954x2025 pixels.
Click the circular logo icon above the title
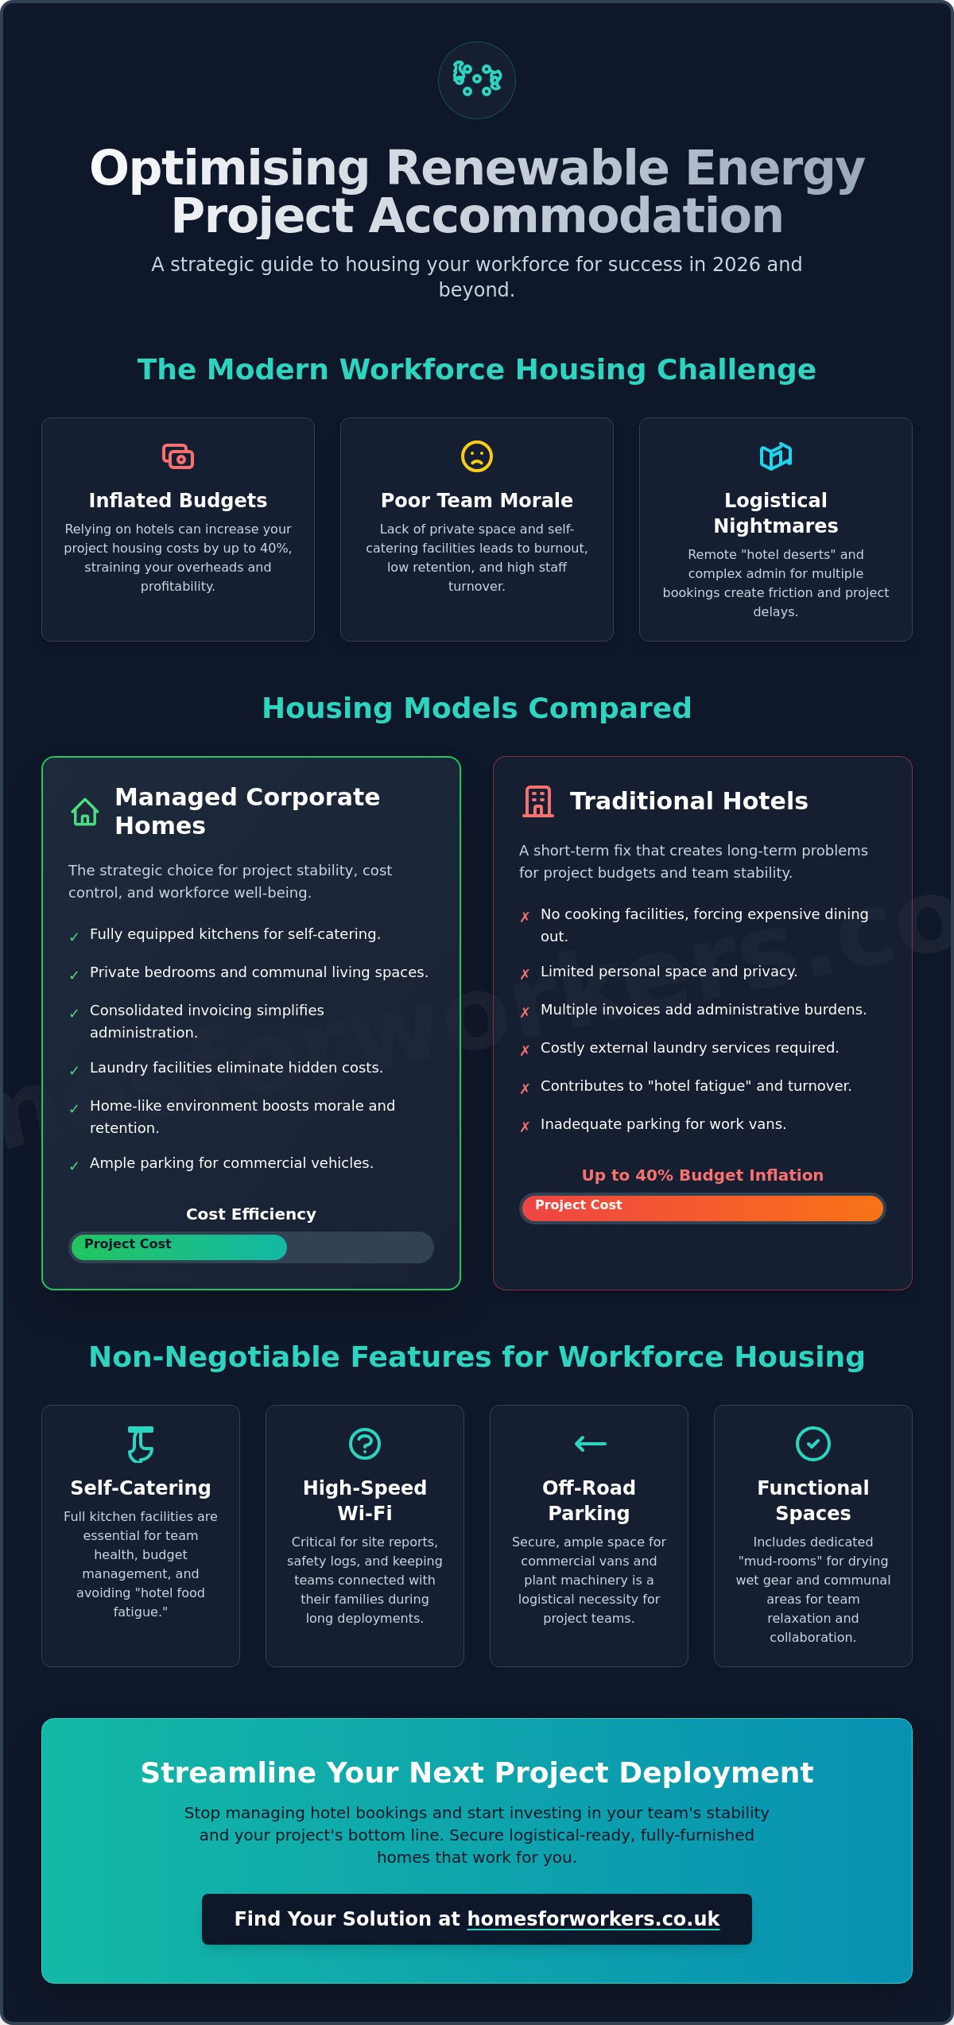coord(477,80)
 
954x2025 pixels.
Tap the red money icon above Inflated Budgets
coord(178,456)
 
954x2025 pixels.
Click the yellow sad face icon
coord(477,456)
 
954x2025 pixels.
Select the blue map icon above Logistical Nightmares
coord(776,456)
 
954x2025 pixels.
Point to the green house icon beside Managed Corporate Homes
coord(85,812)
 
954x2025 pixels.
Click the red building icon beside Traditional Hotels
coord(538,801)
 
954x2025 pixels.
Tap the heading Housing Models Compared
coord(477,708)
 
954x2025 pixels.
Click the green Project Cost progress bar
coord(179,1247)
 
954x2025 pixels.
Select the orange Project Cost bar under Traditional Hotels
coord(703,1208)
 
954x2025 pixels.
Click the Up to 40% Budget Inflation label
coord(703,1175)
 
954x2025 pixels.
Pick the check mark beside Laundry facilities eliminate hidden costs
coord(74,1070)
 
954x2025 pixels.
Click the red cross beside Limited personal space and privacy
coord(525,974)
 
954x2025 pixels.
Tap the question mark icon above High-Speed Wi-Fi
coord(365,1444)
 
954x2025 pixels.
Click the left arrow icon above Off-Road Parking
coord(590,1444)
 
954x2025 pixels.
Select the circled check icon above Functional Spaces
coord(813,1444)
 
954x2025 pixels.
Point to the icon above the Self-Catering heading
coord(141,1444)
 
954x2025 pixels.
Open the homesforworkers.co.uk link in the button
coord(593,1919)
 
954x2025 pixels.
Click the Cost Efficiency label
coord(251,1214)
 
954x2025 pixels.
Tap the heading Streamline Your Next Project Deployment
coord(477,1772)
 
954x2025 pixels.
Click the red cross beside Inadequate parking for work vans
coord(525,1127)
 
